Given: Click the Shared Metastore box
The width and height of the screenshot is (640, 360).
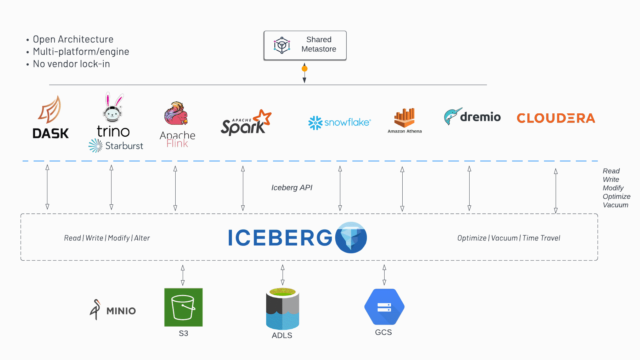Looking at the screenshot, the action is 305,45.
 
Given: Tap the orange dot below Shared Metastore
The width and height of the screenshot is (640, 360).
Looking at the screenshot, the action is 304,69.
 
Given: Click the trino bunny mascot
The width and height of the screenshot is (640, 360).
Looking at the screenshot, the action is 113,108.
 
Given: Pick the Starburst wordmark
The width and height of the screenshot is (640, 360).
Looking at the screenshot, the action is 124,146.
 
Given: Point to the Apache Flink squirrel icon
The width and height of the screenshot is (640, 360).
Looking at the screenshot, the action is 176,113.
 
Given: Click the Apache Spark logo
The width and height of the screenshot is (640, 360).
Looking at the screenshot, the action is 246,123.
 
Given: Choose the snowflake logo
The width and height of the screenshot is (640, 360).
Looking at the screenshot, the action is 339,122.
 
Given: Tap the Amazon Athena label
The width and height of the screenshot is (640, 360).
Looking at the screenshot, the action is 404,131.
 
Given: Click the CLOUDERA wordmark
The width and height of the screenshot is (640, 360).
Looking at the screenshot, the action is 556,118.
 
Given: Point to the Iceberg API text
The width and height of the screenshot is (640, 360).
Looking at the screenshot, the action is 292,188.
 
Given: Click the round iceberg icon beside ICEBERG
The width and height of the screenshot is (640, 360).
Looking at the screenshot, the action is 351,238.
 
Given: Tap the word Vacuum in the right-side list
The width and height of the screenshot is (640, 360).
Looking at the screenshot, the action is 615,205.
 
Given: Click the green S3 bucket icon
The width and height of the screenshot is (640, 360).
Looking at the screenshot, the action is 183,307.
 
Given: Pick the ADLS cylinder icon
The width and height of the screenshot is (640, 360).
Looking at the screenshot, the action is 282,308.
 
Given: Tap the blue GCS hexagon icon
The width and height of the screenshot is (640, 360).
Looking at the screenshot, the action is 384,307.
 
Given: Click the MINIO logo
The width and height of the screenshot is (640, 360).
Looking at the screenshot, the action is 113,310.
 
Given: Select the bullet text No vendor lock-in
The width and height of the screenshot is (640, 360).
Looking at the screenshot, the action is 71,64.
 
